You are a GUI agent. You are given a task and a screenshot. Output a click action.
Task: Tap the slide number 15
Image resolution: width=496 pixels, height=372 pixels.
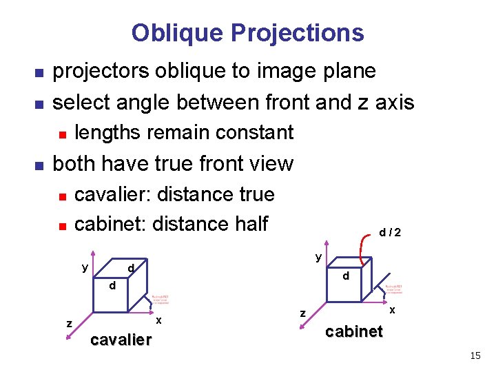[475, 355]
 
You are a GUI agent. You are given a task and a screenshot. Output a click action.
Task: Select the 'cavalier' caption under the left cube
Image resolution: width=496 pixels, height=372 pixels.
[121, 340]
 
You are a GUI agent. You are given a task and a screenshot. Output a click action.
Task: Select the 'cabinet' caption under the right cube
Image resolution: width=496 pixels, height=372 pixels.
[354, 331]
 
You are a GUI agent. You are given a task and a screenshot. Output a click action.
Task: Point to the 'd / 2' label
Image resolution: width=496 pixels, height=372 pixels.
[390, 233]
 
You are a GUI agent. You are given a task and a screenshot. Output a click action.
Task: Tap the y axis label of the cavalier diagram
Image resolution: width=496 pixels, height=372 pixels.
[85, 267]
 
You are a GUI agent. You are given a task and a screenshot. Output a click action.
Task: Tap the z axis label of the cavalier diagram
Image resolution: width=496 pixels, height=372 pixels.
[69, 323]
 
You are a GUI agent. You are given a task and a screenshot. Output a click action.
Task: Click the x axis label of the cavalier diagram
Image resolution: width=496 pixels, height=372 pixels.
[159, 320]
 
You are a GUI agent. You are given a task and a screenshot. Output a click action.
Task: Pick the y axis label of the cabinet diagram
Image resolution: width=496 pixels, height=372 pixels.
[318, 258]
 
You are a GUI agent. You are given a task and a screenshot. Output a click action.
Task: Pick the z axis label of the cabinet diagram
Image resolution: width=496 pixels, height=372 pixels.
[302, 313]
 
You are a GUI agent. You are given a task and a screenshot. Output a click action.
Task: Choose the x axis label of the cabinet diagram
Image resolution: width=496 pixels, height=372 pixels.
[392, 311]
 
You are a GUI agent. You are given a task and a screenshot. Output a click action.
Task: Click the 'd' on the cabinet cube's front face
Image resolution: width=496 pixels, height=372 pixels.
[347, 276]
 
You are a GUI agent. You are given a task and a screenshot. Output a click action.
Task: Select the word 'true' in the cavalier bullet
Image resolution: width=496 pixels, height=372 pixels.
[256, 194]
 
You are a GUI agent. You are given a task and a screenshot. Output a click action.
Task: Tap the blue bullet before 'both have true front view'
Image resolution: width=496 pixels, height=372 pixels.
[39, 165]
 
